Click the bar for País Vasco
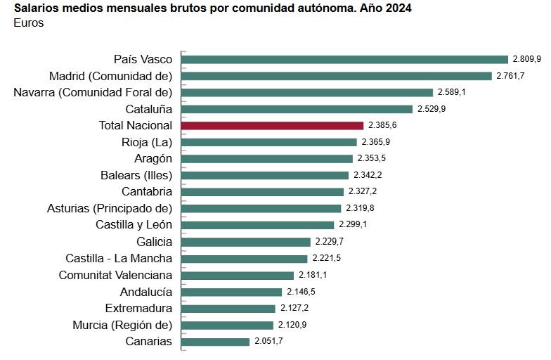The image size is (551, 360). pyautogui.click(x=344, y=59)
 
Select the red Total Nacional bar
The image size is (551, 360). pyautogui.click(x=272, y=125)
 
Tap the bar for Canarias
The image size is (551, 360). pyautogui.click(x=215, y=342)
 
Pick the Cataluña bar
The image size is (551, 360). pyautogui.click(x=297, y=109)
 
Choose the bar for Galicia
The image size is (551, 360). pyautogui.click(x=245, y=242)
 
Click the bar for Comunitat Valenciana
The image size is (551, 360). pyautogui.click(x=238, y=276)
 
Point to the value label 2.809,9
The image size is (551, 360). pyautogui.click(x=526, y=59)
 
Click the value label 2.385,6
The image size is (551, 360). pyautogui.click(x=382, y=125)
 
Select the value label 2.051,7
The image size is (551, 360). pyautogui.click(x=268, y=342)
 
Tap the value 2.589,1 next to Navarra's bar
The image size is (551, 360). pyautogui.click(x=452, y=92)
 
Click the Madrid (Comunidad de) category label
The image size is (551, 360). pyautogui.click(x=110, y=76)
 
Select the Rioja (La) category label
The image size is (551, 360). pyautogui.click(x=146, y=142)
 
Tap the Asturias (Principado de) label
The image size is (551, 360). pyautogui.click(x=109, y=208)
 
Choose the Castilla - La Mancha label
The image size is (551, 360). pyautogui.click(x=118, y=258)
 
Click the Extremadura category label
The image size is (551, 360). pyautogui.click(x=138, y=308)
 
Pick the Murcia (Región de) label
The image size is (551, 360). pyautogui.click(x=122, y=325)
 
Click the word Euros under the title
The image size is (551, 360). pyautogui.click(x=28, y=23)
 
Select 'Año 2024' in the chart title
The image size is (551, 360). pyautogui.click(x=385, y=8)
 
